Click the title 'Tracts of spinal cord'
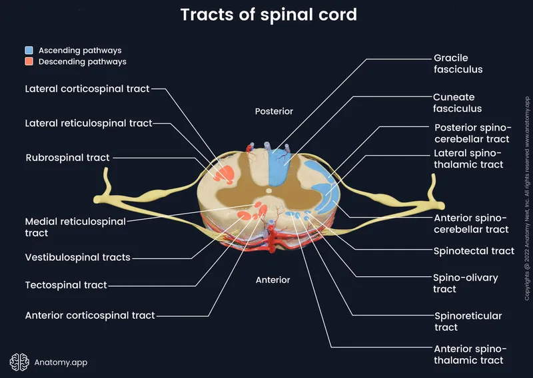tap(266, 15)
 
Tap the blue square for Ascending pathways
tap(29, 51)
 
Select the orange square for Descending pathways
tap(29, 62)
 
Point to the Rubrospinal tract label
tap(68, 158)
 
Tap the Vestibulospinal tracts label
tap(78, 257)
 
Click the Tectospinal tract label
tap(66, 285)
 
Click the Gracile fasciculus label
tap(458, 64)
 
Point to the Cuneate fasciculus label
tap(457, 102)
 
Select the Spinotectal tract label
tap(474, 251)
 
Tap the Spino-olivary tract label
tap(466, 283)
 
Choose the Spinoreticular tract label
tap(468, 321)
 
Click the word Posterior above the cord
tap(274, 111)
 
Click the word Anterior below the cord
tap(273, 280)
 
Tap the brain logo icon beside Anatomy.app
tap(19, 361)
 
